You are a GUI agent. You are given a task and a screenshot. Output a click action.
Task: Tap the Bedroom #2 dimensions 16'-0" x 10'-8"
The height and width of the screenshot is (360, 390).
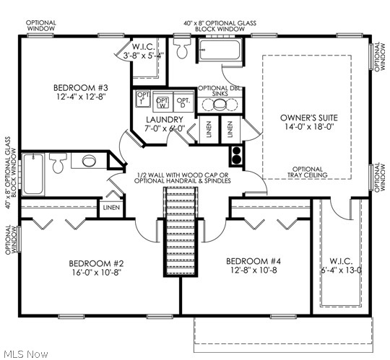point(97,273)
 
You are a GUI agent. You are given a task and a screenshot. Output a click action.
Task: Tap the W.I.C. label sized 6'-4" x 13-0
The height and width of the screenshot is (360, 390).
point(337,261)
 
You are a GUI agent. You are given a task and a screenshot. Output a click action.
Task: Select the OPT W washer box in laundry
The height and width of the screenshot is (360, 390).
point(162,101)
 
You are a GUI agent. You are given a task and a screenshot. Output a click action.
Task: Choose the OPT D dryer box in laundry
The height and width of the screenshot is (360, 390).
point(183,101)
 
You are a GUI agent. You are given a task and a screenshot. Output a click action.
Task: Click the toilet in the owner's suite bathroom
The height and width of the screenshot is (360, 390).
point(185,48)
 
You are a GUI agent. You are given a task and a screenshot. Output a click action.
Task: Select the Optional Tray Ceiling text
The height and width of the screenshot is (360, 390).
point(308,172)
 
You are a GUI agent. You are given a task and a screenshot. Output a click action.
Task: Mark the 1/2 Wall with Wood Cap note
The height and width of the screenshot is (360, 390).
point(183,177)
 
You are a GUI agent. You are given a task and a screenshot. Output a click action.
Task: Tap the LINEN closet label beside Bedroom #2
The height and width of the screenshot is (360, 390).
point(110,208)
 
